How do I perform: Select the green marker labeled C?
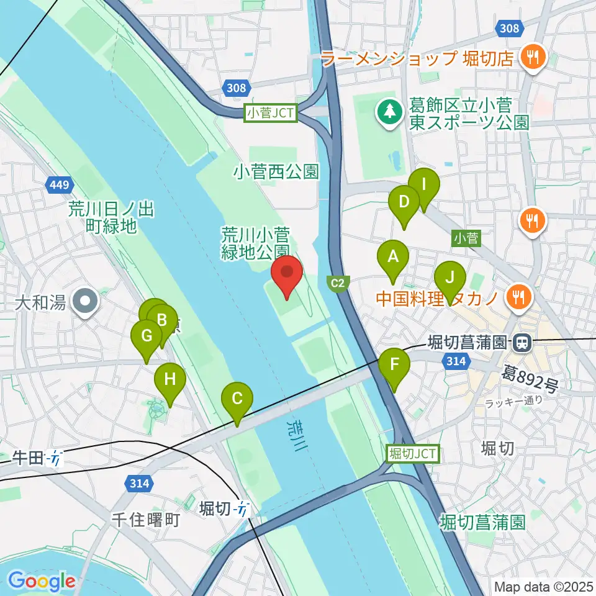coord(237,399)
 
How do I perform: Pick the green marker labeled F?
coord(394,366)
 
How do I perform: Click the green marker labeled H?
coord(170,379)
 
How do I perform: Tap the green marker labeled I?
coord(423,185)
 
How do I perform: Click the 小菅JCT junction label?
coord(272,114)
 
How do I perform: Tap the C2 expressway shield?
coord(337,284)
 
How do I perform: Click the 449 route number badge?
coord(60,184)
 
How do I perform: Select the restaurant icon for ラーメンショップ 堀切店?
coord(532,58)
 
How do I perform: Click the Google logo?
coord(42,581)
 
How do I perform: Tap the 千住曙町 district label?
coord(145,519)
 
